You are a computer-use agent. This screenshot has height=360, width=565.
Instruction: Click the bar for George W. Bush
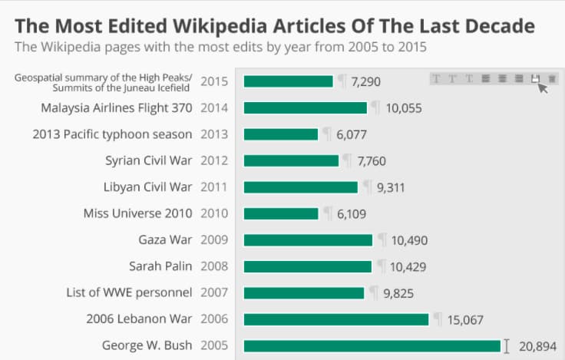[372, 346]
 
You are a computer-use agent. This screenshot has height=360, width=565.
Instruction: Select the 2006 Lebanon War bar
[335, 319]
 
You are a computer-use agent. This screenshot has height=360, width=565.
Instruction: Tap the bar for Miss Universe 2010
[280, 213]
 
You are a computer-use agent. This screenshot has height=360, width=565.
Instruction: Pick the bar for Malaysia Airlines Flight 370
[305, 107]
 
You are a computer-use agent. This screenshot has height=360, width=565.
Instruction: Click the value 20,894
[537, 346]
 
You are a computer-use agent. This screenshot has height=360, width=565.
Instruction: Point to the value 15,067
[464, 319]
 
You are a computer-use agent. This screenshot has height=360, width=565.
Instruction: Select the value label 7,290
[365, 81]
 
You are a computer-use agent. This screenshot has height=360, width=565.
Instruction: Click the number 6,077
[352, 134]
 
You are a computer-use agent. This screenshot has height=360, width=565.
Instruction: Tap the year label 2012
[214, 160]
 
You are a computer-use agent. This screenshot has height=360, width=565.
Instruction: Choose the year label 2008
[214, 266]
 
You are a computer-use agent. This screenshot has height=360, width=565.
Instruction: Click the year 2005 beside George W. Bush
[214, 345]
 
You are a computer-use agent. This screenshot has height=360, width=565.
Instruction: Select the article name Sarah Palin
[160, 266]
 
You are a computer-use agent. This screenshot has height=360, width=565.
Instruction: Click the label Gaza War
[165, 239]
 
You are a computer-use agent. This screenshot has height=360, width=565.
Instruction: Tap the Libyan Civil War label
[147, 187]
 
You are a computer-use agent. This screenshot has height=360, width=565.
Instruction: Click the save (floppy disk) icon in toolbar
[536, 78]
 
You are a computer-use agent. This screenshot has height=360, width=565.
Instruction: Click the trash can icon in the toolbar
[552, 78]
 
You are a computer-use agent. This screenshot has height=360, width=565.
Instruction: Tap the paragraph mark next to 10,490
[382, 239]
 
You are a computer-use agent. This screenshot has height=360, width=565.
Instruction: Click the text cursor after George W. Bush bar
[506, 346]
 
